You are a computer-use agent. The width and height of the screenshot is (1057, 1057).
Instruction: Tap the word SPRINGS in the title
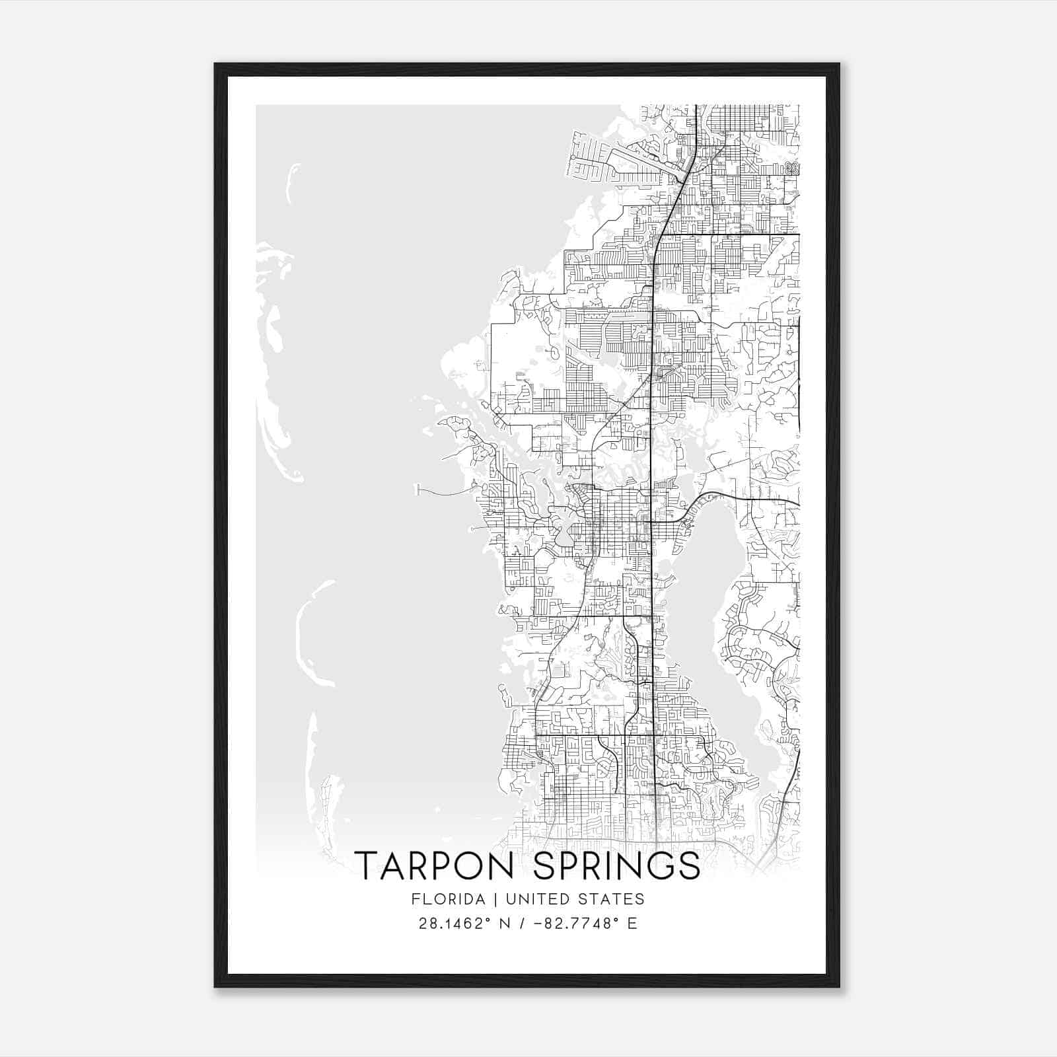point(617,865)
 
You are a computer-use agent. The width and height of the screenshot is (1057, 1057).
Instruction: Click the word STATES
point(614,898)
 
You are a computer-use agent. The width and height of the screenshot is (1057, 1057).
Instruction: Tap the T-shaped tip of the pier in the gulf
point(418,490)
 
